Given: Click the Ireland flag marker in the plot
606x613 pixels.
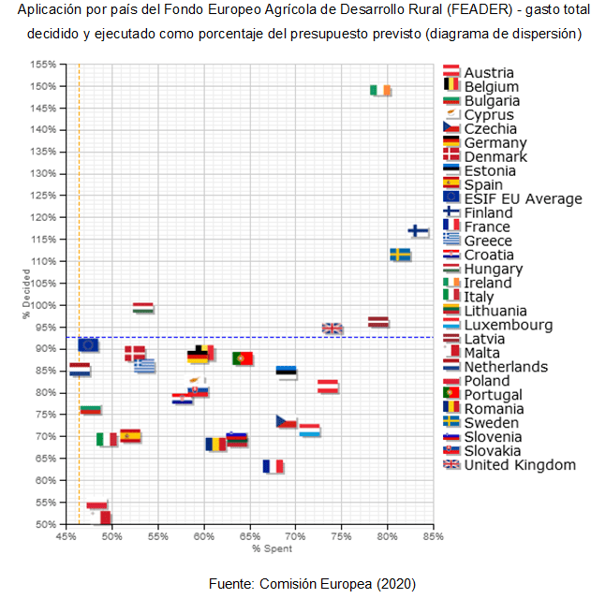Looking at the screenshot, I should coord(380,91).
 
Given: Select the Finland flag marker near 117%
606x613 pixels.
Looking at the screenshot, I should coord(418,230).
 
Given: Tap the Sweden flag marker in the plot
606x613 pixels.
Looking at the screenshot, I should coord(400,254).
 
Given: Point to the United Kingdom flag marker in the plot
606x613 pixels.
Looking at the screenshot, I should coord(333,328).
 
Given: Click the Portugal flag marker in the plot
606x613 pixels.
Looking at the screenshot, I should coord(243,358).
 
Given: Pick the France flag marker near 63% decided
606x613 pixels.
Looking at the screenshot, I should coord(273,466).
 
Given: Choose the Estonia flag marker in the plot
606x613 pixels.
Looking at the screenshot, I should coord(287,372).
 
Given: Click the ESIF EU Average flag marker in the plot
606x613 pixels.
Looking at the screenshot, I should coord(88,344).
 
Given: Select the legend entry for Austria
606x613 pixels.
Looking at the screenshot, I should coord(488,73).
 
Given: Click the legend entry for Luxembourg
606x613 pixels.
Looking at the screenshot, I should coord(508,325).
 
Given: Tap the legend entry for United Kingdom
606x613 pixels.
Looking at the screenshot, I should coord(520,465).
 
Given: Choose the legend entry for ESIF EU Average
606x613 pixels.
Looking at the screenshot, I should coord(523,198).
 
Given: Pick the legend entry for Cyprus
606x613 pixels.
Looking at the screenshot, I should coord(488,115).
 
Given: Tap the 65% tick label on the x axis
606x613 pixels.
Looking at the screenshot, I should coord(249,537).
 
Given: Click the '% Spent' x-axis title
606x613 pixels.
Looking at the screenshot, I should coord(251,547).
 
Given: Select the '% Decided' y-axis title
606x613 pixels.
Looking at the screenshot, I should coord(26,296).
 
